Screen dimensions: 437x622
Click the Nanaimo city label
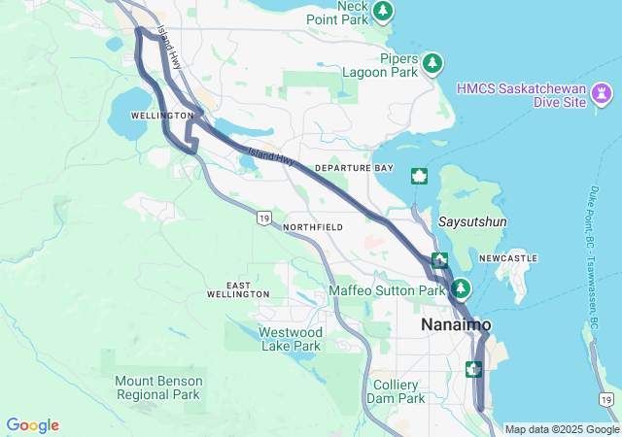point(456,324)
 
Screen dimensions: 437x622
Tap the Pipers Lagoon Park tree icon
point(432,64)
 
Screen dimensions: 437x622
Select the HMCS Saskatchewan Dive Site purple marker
point(604,94)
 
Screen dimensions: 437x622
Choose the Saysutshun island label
point(472,221)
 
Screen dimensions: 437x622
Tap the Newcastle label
point(508,258)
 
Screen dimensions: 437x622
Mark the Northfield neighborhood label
point(313,227)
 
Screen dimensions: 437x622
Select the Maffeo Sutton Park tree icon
point(460,289)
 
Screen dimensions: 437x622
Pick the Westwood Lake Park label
point(291,339)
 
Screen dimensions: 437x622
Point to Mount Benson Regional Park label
point(157,387)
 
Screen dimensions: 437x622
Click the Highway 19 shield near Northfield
point(263,218)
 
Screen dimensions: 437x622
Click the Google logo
point(32,425)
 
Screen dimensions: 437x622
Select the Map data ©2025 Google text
point(562,429)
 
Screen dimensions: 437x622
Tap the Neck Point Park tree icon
point(384,11)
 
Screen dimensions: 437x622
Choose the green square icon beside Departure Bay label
point(420,176)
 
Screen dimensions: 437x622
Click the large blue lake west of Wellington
point(129,115)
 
